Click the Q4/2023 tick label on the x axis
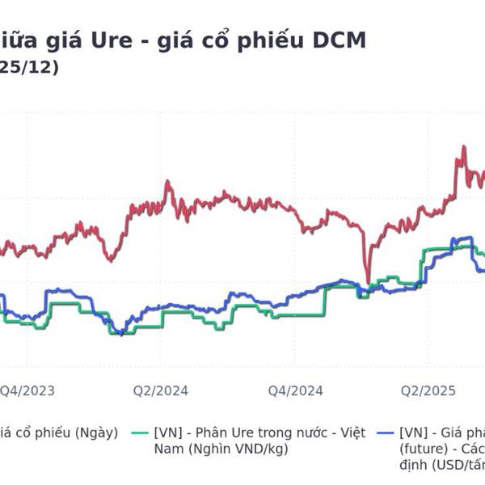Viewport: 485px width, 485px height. [27, 391]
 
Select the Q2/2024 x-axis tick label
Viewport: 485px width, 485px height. [161, 391]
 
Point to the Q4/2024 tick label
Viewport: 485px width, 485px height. [296, 391]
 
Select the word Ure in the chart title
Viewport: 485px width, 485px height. [118, 40]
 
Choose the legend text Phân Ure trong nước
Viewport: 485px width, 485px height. [259, 432]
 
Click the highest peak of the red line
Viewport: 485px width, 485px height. [463, 147]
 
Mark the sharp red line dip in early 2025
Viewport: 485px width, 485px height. [368, 283]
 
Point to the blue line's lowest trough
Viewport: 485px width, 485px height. [120, 334]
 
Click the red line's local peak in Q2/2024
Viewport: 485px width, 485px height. [168, 182]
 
